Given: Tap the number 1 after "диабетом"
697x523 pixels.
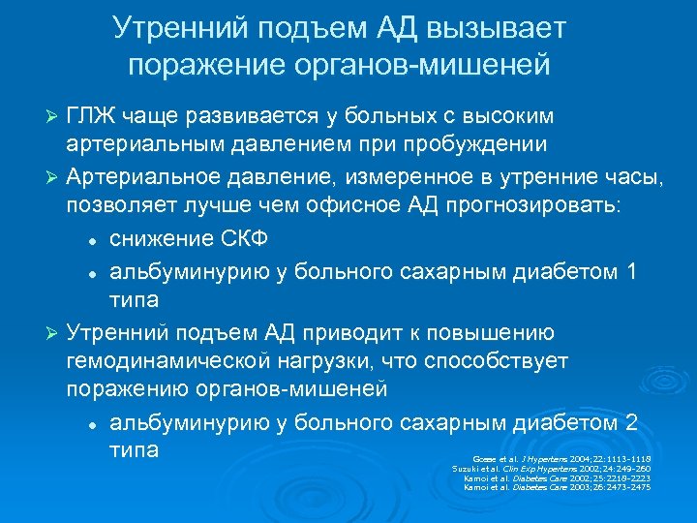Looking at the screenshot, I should tap(630, 271).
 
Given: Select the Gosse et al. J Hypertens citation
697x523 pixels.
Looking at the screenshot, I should tap(561, 458).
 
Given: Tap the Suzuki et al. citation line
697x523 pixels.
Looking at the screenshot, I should tap(551, 468).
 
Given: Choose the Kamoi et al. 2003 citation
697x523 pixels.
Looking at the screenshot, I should tap(557, 486).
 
